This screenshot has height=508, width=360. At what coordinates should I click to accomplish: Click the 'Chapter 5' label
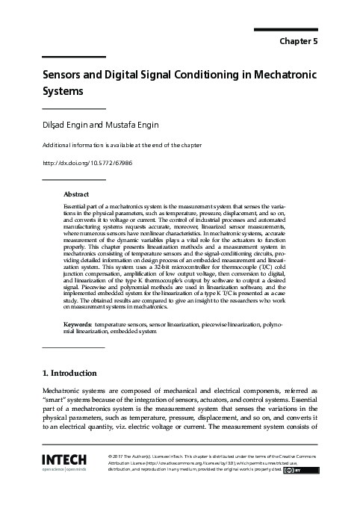(299, 42)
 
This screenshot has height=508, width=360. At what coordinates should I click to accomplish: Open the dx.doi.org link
(87, 163)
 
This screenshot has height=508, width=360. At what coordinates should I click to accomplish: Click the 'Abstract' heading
(76, 193)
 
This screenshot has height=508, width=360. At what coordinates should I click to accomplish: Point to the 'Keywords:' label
(78, 326)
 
